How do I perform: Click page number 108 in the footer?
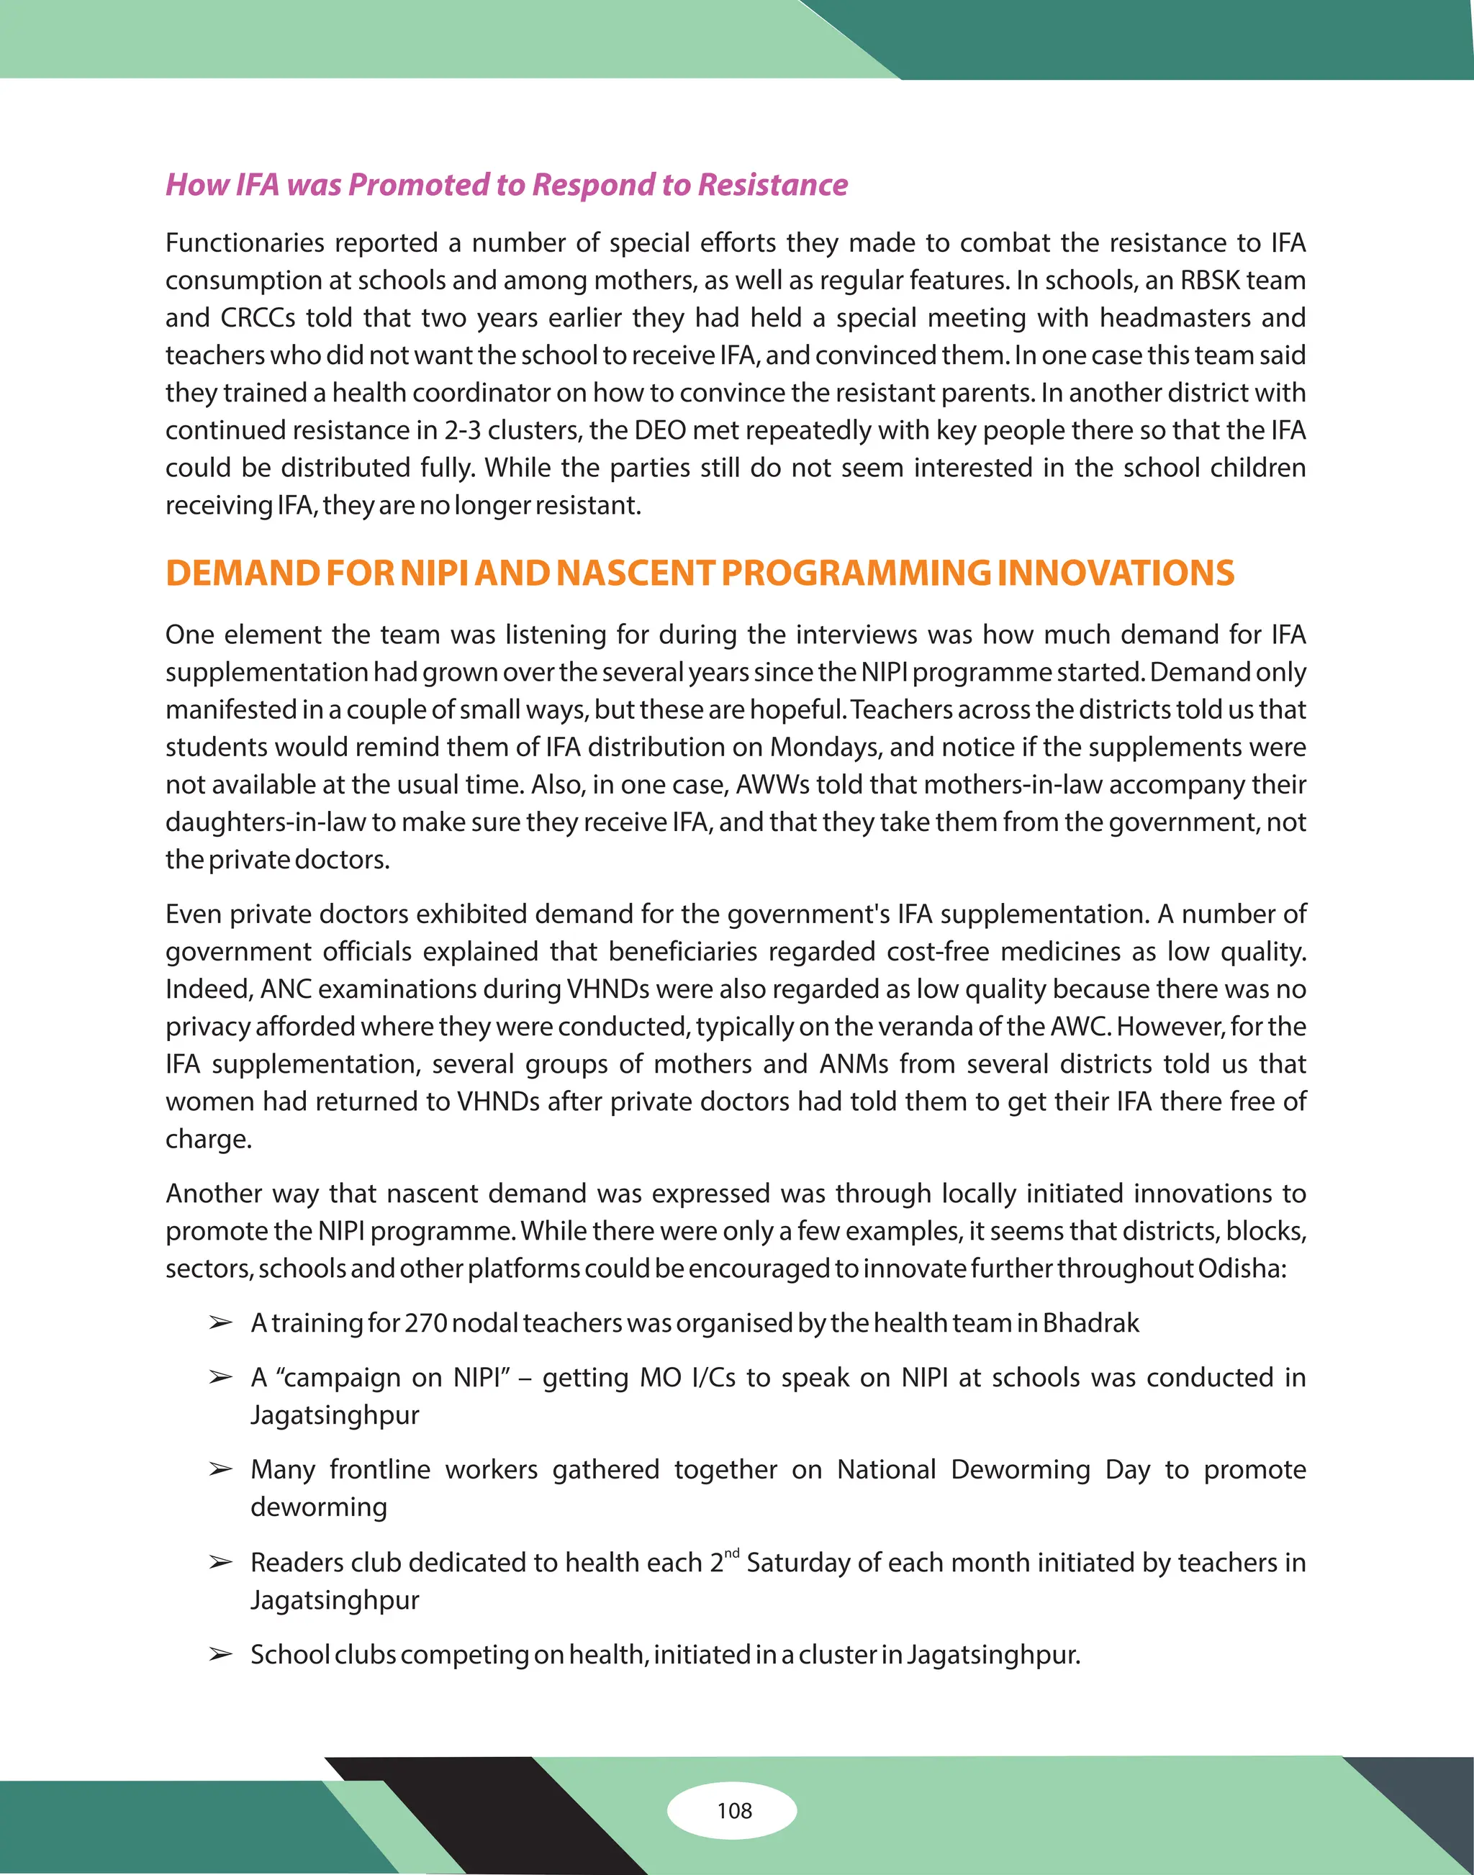(734, 1810)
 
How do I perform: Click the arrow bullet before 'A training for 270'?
(221, 1322)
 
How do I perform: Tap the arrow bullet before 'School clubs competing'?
(221, 1655)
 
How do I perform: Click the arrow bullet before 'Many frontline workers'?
(221, 1469)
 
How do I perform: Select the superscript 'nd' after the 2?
(732, 1554)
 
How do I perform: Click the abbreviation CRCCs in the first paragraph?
(258, 317)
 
